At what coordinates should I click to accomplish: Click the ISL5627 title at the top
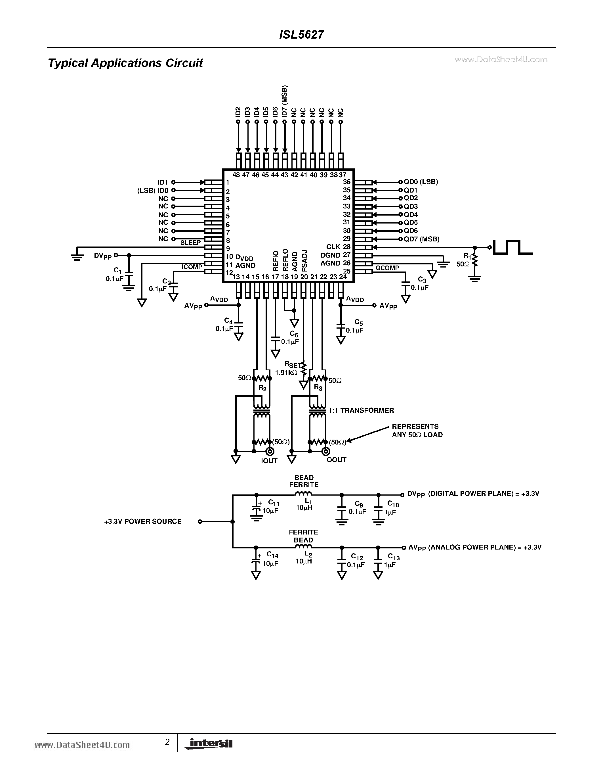[301, 35]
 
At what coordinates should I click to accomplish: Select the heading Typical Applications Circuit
[125, 63]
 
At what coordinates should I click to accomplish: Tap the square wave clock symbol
[513, 247]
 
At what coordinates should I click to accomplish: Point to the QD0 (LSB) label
[421, 182]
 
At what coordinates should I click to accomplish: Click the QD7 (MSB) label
[421, 239]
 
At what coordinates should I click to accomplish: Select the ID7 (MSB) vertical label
[284, 101]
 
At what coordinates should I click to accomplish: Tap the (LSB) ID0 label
[153, 191]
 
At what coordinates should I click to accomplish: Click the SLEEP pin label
[190, 243]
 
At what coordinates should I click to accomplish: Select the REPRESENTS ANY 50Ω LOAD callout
[417, 431]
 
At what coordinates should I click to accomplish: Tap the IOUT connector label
[269, 461]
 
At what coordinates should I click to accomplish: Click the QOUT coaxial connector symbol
[325, 451]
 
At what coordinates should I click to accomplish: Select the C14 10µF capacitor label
[271, 559]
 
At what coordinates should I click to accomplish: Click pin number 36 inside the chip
[346, 182]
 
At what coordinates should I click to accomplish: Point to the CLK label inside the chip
[333, 247]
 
